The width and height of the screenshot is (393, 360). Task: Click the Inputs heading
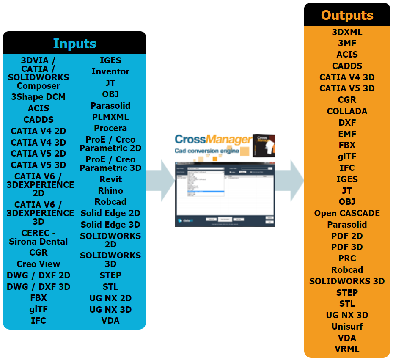(x=74, y=44)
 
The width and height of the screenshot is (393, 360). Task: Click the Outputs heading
(x=347, y=15)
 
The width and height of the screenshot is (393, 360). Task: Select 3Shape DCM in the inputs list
(x=38, y=97)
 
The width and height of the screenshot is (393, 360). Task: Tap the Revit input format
(x=110, y=179)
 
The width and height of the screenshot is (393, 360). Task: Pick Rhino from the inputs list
(x=110, y=191)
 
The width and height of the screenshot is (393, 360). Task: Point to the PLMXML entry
(x=110, y=117)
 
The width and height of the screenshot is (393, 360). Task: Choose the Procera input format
(x=110, y=128)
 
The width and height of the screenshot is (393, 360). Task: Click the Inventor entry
(x=110, y=71)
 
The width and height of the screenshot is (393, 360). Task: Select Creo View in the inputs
(x=38, y=264)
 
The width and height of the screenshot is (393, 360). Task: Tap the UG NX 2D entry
(x=110, y=298)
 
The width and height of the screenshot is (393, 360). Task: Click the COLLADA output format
(x=347, y=111)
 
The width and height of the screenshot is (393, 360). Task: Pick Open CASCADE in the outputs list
(x=347, y=213)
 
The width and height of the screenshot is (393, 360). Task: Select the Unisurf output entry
(x=347, y=327)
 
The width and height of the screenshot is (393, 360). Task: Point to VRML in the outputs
(x=347, y=349)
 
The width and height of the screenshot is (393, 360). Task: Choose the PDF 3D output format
(x=347, y=247)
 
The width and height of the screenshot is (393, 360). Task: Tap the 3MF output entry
(x=347, y=43)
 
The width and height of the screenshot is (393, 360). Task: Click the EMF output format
(x=347, y=134)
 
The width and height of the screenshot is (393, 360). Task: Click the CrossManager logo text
(x=212, y=139)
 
